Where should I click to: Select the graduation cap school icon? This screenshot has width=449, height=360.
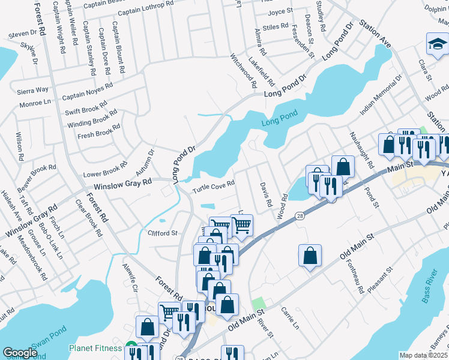[x=437, y=43]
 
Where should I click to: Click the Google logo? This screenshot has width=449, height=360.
[x=20, y=353]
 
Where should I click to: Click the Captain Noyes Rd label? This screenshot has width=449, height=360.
[x=88, y=91]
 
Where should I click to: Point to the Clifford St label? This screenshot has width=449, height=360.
[x=162, y=233]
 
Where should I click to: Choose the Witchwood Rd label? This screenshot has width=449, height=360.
[x=244, y=68]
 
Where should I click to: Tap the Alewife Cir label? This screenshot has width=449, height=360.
[x=130, y=277]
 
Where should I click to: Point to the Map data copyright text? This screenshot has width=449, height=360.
[x=423, y=355]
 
